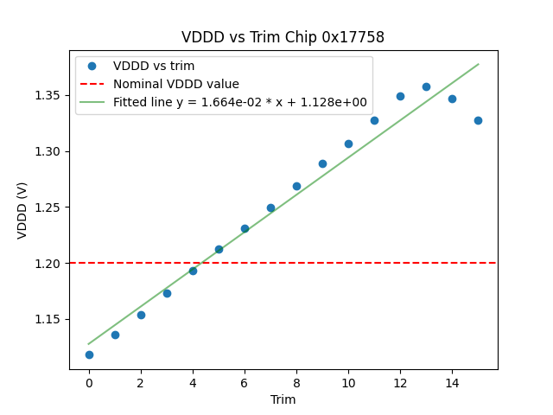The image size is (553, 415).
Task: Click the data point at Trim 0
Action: [89, 354]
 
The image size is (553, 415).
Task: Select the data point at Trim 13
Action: [426, 86]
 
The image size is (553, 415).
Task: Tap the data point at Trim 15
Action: [478, 120]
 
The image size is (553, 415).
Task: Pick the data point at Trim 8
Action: [296, 186]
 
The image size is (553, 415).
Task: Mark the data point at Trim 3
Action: [167, 293]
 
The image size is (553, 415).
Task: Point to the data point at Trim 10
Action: [348, 144]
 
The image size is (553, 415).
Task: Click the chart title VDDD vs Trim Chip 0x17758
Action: [283, 37]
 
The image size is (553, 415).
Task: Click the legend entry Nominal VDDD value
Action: [176, 84]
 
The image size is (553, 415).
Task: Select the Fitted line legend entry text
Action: [240, 102]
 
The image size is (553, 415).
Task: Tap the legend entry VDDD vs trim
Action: [154, 66]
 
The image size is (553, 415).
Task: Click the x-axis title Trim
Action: [283, 399]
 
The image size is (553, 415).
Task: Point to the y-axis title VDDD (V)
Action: [22, 210]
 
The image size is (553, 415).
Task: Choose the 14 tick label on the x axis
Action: [452, 383]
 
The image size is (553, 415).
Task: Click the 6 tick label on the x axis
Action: [245, 383]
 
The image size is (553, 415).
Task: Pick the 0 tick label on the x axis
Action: [89, 383]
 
